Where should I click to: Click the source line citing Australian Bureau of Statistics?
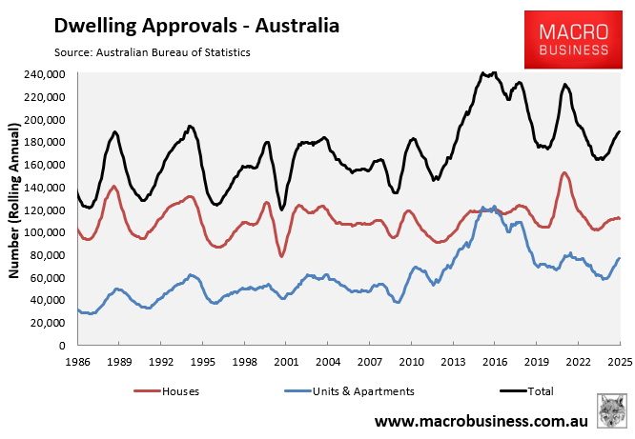tap(147, 52)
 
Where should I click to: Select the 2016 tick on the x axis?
tap(495, 362)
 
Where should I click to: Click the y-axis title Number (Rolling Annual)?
tap(14, 200)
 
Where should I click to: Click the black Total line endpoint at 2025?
tap(619, 131)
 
